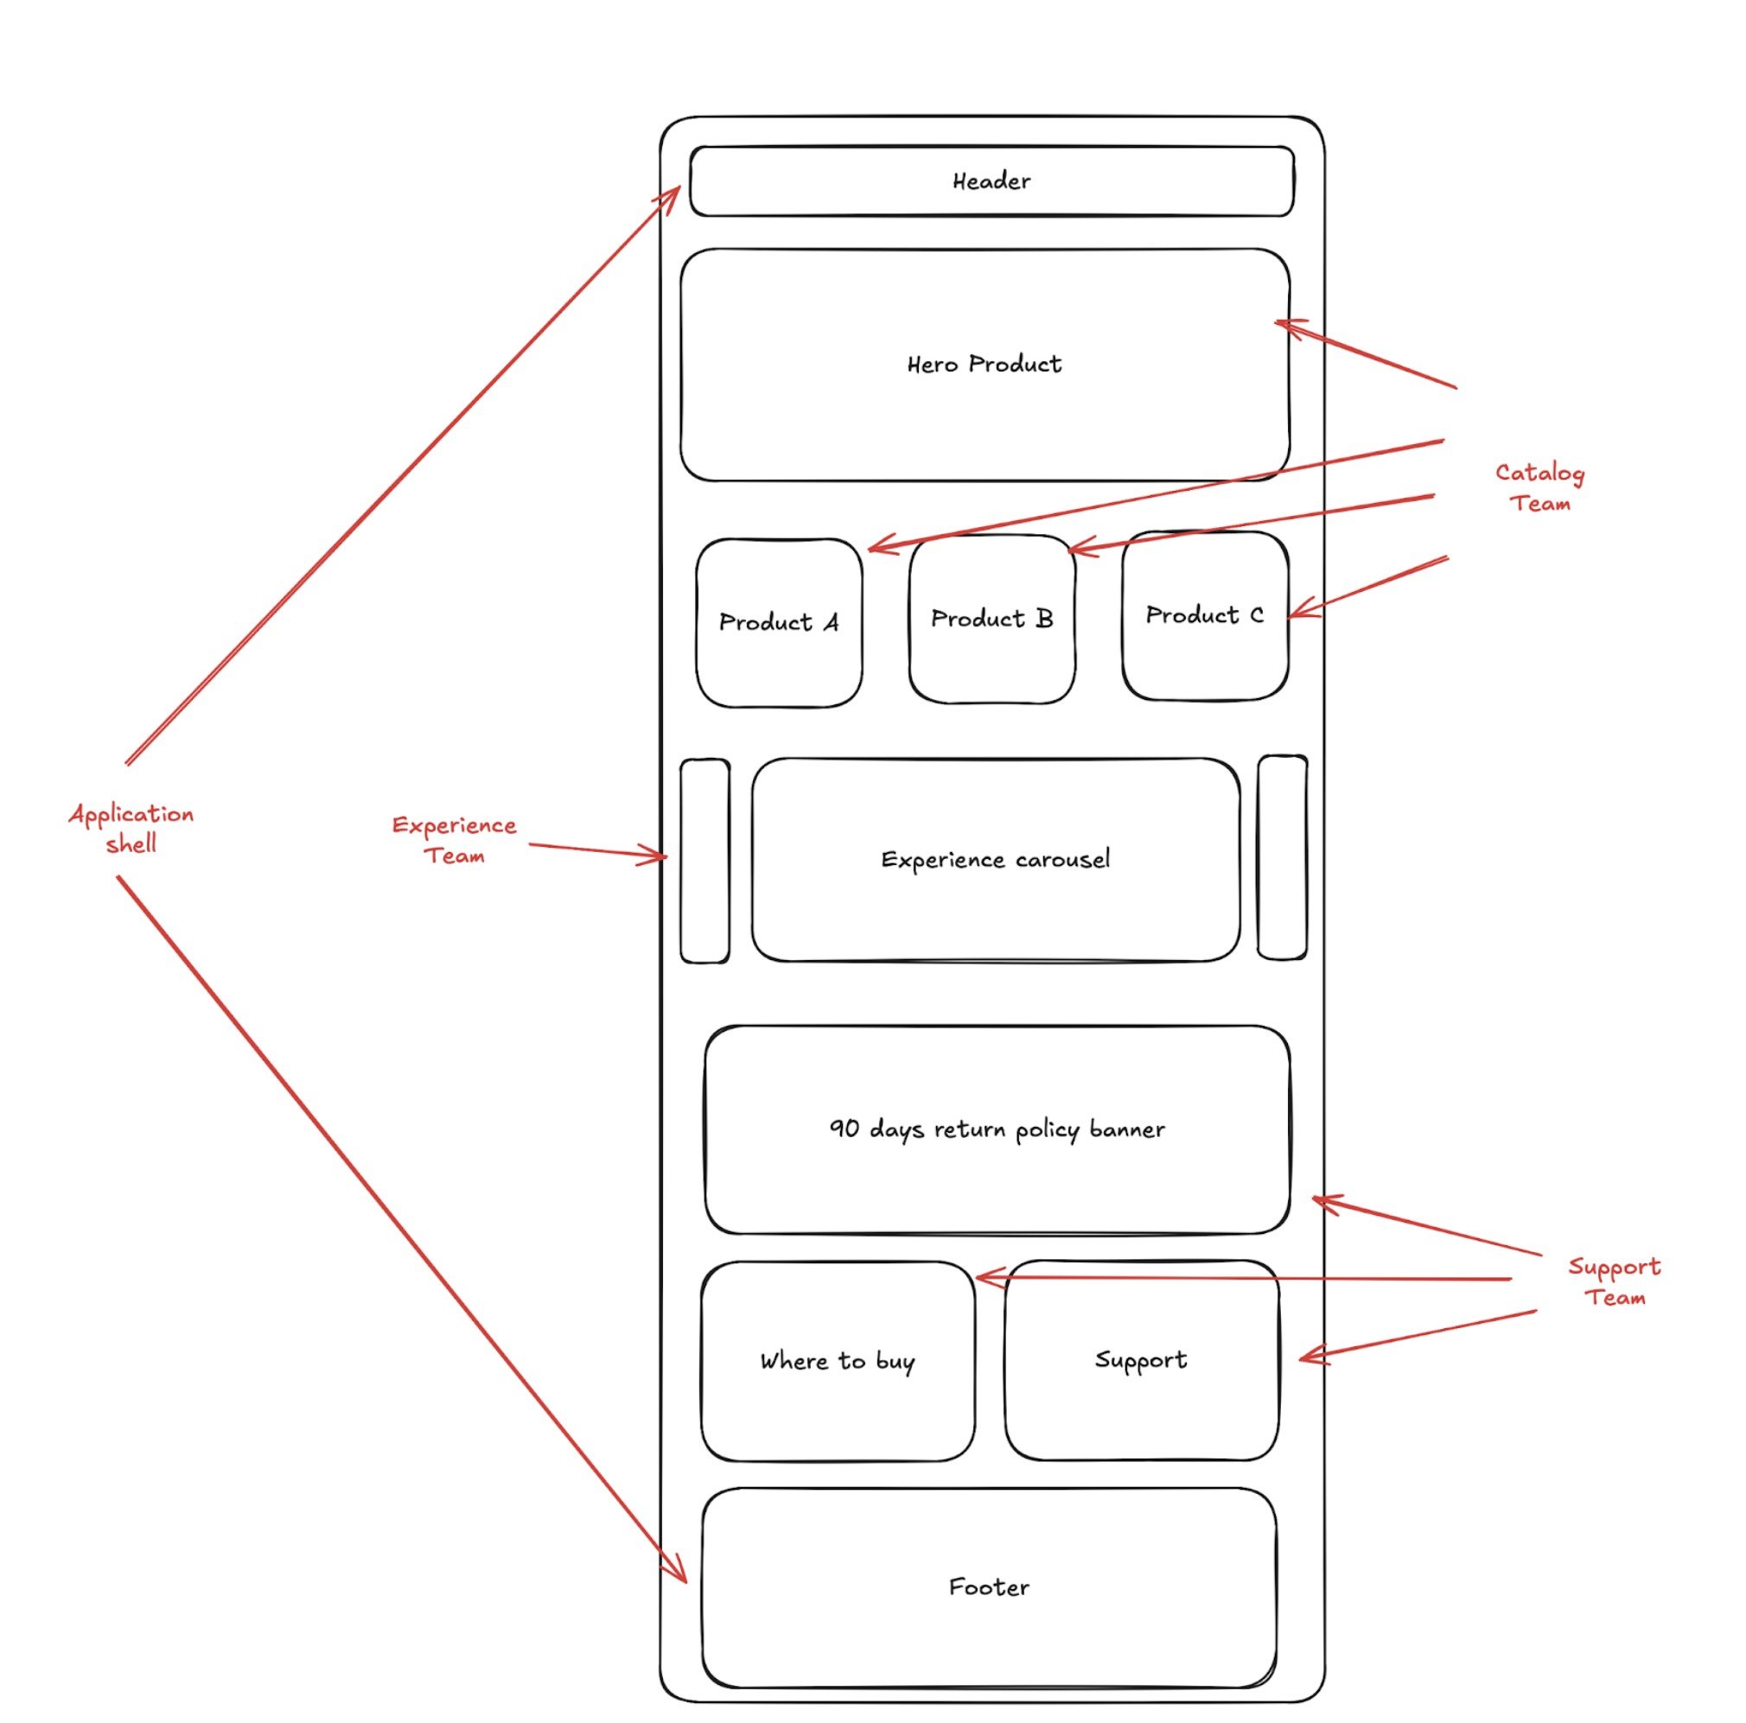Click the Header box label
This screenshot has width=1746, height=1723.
pos(991,181)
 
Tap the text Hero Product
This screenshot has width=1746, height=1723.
pos(984,364)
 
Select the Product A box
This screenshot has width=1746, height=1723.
pos(778,622)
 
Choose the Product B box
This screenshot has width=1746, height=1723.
pos(991,619)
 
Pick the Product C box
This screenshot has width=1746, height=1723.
pos(1204,615)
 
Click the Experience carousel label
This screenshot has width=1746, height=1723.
pos(994,859)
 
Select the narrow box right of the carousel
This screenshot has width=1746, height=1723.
pos(1281,856)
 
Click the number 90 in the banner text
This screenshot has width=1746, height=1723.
pos(844,1129)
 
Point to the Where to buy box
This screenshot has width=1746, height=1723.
pos(837,1361)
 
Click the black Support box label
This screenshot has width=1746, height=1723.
pos(1140,1360)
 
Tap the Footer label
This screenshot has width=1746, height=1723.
pos(988,1587)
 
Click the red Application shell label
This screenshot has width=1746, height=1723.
pos(131,828)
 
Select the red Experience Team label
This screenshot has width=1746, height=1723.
pos(454,839)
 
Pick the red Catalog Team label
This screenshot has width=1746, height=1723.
pos(1539,488)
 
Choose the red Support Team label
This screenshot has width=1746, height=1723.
pos(1614,1281)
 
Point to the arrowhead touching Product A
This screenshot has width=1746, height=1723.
pos(875,547)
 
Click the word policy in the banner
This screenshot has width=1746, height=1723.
pos(1047,1130)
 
